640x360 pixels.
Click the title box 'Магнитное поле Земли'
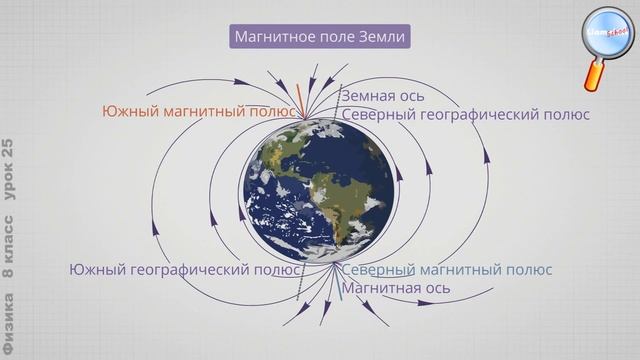point(320,38)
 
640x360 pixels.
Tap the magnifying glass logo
point(607,34)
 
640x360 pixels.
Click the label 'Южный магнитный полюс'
point(199,112)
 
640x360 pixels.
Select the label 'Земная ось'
point(383,96)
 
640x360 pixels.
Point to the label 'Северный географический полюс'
point(465,115)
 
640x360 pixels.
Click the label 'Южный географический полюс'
point(184,269)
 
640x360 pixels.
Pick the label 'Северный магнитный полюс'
point(447,269)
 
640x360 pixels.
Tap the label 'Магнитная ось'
point(396,288)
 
